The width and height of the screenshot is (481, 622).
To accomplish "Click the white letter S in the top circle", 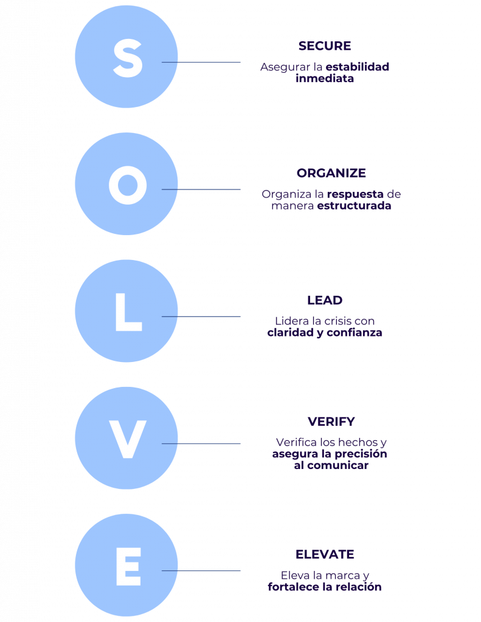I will coord(128,58).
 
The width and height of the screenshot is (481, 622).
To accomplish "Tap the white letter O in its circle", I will coord(128,185).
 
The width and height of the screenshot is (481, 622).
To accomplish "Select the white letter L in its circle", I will coord(128,313).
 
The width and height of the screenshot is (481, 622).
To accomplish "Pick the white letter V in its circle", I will coord(128,440).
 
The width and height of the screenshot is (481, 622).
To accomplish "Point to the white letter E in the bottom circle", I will coord(128,567).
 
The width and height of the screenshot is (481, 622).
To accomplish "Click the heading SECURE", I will coord(324,46).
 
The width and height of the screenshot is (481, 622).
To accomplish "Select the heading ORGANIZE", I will coord(331,173).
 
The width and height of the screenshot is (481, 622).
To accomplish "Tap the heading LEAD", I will coord(325,300).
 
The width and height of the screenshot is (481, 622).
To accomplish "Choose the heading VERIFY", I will coord(331,422).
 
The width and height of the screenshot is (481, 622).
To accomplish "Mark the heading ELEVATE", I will coord(325,555).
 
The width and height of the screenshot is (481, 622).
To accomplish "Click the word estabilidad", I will coord(357,67).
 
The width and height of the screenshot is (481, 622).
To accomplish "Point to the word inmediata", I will coord(325,78).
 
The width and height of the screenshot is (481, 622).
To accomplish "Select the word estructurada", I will coord(354,206).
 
